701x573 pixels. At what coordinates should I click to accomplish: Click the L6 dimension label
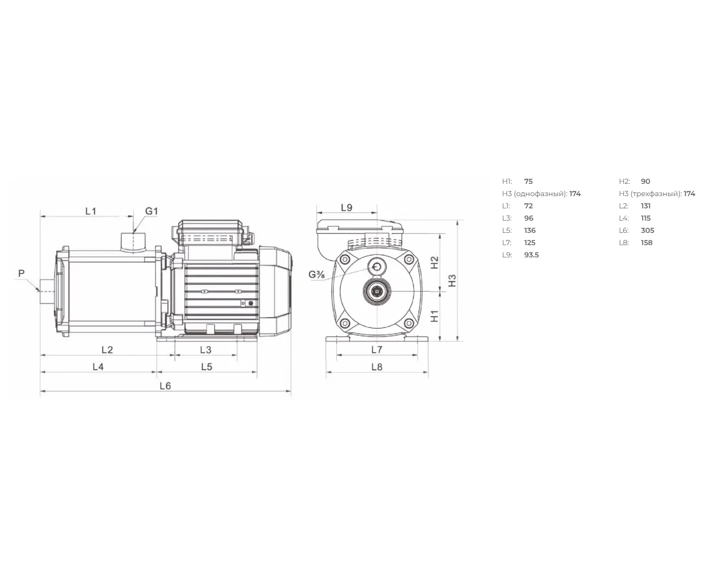click(x=165, y=386)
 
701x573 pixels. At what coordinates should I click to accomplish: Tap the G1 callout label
click(x=151, y=211)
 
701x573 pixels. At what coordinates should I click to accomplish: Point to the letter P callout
click(x=21, y=274)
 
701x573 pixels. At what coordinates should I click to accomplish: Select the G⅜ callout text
click(x=316, y=275)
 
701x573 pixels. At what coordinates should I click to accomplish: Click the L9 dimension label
click(x=346, y=208)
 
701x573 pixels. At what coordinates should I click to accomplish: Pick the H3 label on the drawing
click(x=452, y=280)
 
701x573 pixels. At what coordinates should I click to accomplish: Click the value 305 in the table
click(x=647, y=230)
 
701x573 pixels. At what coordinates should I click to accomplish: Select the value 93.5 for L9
click(x=531, y=255)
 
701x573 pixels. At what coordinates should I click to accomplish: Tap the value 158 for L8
click(x=647, y=243)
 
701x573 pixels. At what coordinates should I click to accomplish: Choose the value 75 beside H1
click(x=529, y=181)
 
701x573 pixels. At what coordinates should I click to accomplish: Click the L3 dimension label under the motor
click(x=206, y=350)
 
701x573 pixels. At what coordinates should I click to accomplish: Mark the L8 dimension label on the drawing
click(x=377, y=367)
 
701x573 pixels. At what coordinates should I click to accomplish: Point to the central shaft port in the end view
click(x=377, y=291)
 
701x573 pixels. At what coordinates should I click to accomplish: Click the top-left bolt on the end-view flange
click(x=345, y=259)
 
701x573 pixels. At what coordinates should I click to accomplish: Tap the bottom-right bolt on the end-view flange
click(x=409, y=323)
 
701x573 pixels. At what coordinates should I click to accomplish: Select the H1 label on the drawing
click(x=435, y=316)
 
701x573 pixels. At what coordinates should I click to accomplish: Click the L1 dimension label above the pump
click(x=91, y=211)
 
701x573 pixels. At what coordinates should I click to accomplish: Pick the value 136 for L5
click(x=530, y=230)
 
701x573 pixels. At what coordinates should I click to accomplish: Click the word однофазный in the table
click(x=540, y=194)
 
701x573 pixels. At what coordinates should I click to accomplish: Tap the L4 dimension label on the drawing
click(x=98, y=367)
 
